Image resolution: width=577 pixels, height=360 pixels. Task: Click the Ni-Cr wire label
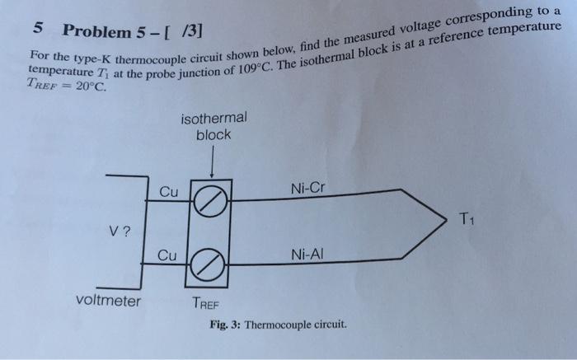[x=308, y=188]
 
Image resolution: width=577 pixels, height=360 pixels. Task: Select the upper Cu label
[x=168, y=191]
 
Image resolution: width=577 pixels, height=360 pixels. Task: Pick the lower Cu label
[x=168, y=255]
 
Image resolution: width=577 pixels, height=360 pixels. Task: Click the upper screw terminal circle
[x=212, y=199]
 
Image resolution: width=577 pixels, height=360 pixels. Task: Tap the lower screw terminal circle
[x=212, y=264]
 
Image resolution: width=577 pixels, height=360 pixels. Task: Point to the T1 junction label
[x=467, y=218]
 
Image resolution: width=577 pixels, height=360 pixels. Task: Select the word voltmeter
[x=108, y=301]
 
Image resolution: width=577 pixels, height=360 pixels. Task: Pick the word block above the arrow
[x=213, y=134]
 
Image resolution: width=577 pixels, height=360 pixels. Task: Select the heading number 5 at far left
[x=38, y=26]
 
